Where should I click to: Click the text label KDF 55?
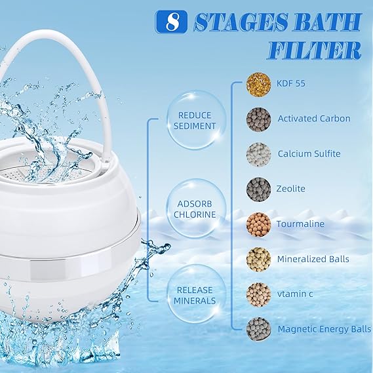point(292,84)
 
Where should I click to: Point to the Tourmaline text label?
point(301,224)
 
